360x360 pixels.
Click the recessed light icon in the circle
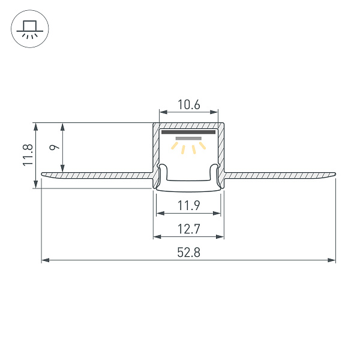(x=29, y=29)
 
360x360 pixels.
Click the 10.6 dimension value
(x=188, y=105)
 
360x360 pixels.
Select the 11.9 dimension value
(x=188, y=206)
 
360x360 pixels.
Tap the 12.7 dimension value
(x=188, y=229)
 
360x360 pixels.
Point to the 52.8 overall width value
(x=188, y=253)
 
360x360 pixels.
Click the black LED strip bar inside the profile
(x=188, y=132)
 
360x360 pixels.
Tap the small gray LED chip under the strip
(x=188, y=138)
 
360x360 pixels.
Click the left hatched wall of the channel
(x=156, y=150)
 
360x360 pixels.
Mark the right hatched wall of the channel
(x=221, y=150)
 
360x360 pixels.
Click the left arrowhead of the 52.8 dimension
(x=45, y=260)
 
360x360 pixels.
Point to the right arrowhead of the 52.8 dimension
(x=332, y=260)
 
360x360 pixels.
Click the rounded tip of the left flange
(x=43, y=175)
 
